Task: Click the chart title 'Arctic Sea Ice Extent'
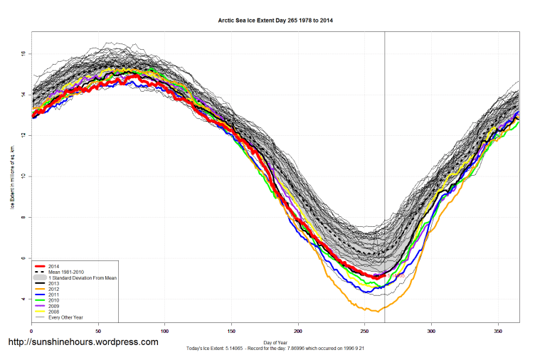coord(275,21)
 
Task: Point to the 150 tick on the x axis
coord(231,332)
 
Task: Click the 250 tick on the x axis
coord(365,332)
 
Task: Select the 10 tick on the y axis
coord(23,176)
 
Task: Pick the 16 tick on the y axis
coord(23,53)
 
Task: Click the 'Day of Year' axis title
coord(275,342)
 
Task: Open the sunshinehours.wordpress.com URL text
coord(83,342)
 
